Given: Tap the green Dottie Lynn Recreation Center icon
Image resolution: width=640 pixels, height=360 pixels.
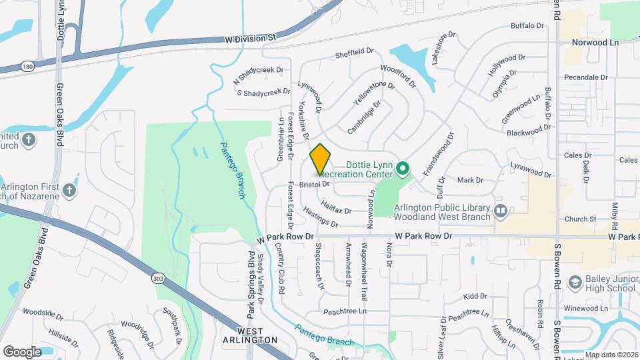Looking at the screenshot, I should [403, 169].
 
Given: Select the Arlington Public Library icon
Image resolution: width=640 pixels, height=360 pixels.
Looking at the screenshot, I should [501, 212].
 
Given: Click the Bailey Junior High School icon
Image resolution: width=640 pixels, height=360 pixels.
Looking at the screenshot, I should [573, 283].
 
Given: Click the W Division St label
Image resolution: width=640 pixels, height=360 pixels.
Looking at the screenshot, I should [250, 39].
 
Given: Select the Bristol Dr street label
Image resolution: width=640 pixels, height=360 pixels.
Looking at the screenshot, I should [315, 184].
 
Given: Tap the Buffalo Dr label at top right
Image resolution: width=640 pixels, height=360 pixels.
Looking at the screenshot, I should [527, 26].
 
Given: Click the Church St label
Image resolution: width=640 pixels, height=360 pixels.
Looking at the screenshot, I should [579, 219].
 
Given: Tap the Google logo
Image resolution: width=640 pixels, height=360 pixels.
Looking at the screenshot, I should [22, 351].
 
